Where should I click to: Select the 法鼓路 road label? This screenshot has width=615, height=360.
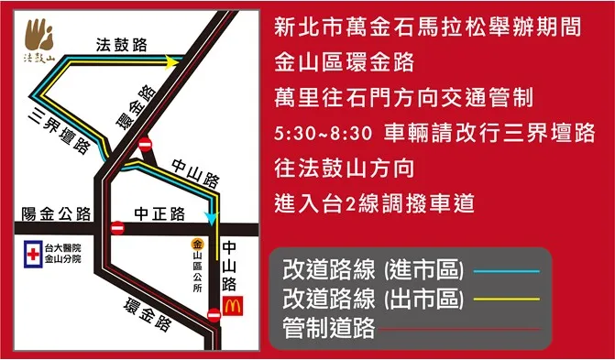[120, 44]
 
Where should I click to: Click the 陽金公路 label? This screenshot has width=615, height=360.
[56, 214]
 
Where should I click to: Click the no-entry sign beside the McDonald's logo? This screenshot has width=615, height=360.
[214, 315]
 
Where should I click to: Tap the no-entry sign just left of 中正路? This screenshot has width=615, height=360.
[117, 227]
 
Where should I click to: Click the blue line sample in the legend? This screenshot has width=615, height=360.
[507, 271]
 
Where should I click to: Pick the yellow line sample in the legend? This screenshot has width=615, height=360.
[507, 300]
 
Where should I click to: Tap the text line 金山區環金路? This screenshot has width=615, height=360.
[345, 63]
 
